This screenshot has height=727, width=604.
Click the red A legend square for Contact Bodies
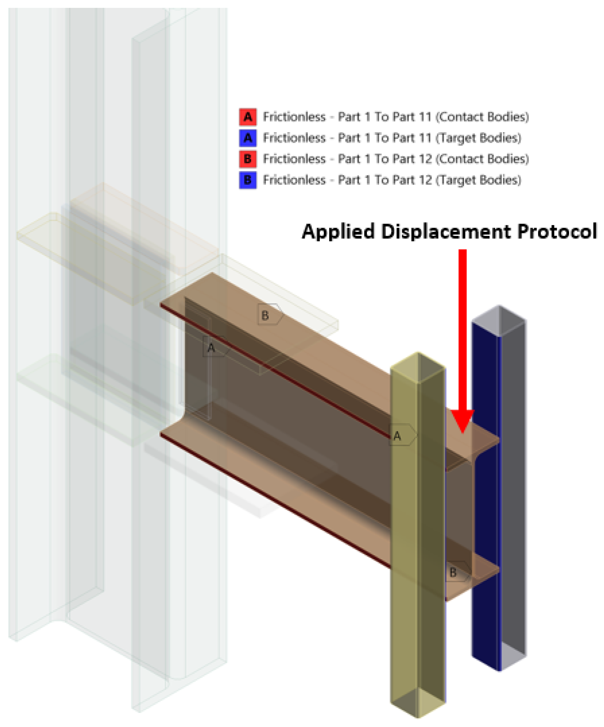click(248, 117)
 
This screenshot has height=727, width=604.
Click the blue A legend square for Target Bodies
click(248, 138)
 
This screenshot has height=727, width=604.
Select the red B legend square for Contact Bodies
click(248, 159)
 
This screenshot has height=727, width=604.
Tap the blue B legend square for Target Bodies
click(248, 180)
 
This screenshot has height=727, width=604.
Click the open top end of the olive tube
click(418, 368)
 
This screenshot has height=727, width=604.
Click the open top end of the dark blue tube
click(499, 321)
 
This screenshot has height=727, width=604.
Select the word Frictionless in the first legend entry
click(294, 117)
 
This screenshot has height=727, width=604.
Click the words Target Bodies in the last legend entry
click(478, 180)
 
